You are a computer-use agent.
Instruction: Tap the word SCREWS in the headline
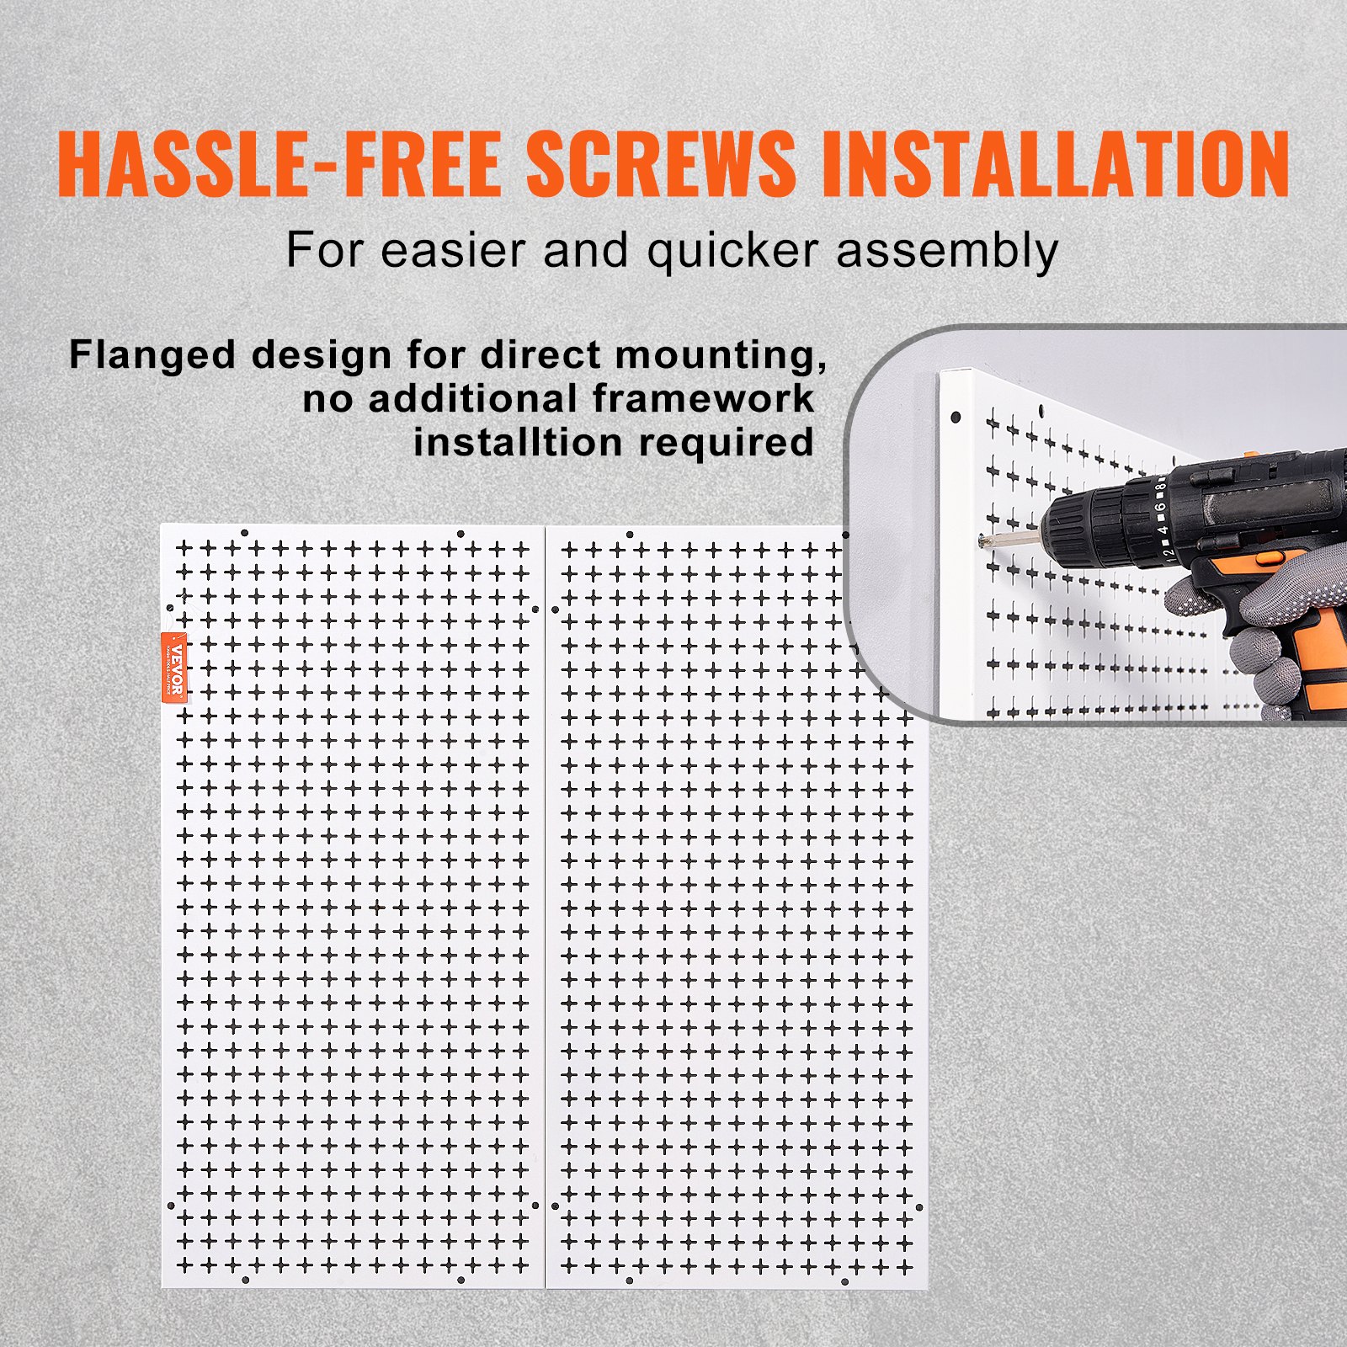(661, 164)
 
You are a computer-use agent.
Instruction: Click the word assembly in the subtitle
(947, 252)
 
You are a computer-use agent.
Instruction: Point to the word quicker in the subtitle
(732, 252)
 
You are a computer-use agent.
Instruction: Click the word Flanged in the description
(152, 355)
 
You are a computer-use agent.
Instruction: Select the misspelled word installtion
(519, 443)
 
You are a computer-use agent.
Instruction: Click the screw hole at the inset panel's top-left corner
(956, 417)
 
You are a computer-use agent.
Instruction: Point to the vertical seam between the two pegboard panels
(546, 909)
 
